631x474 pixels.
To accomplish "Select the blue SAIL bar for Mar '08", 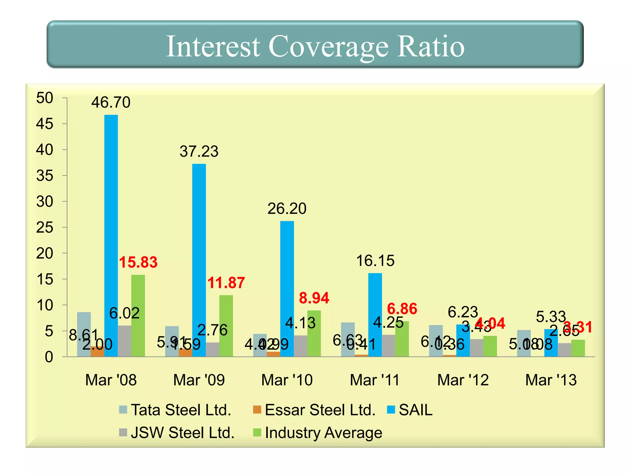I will (x=111, y=235).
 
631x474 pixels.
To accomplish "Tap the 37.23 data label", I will (x=199, y=152).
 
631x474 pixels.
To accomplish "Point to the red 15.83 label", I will (x=138, y=262).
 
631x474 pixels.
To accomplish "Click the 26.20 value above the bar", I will (x=287, y=209).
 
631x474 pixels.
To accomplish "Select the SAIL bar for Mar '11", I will (x=375, y=315).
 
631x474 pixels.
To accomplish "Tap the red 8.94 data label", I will (x=314, y=298).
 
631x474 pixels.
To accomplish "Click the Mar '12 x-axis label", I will (x=463, y=380).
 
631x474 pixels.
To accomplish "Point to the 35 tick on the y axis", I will (x=45, y=176).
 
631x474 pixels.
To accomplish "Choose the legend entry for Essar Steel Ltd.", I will (x=320, y=410).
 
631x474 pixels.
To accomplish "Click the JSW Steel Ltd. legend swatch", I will (x=123, y=432).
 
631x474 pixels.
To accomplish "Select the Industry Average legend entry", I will (x=323, y=432).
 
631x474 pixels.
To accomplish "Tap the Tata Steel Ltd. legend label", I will (x=181, y=410).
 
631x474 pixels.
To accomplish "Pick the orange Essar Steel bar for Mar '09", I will (x=185, y=353).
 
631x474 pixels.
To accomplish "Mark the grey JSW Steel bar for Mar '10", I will (x=300, y=346).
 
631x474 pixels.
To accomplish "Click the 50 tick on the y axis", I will (x=45, y=98).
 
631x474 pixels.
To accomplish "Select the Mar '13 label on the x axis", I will (x=551, y=380).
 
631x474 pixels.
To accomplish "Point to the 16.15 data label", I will (x=375, y=261).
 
